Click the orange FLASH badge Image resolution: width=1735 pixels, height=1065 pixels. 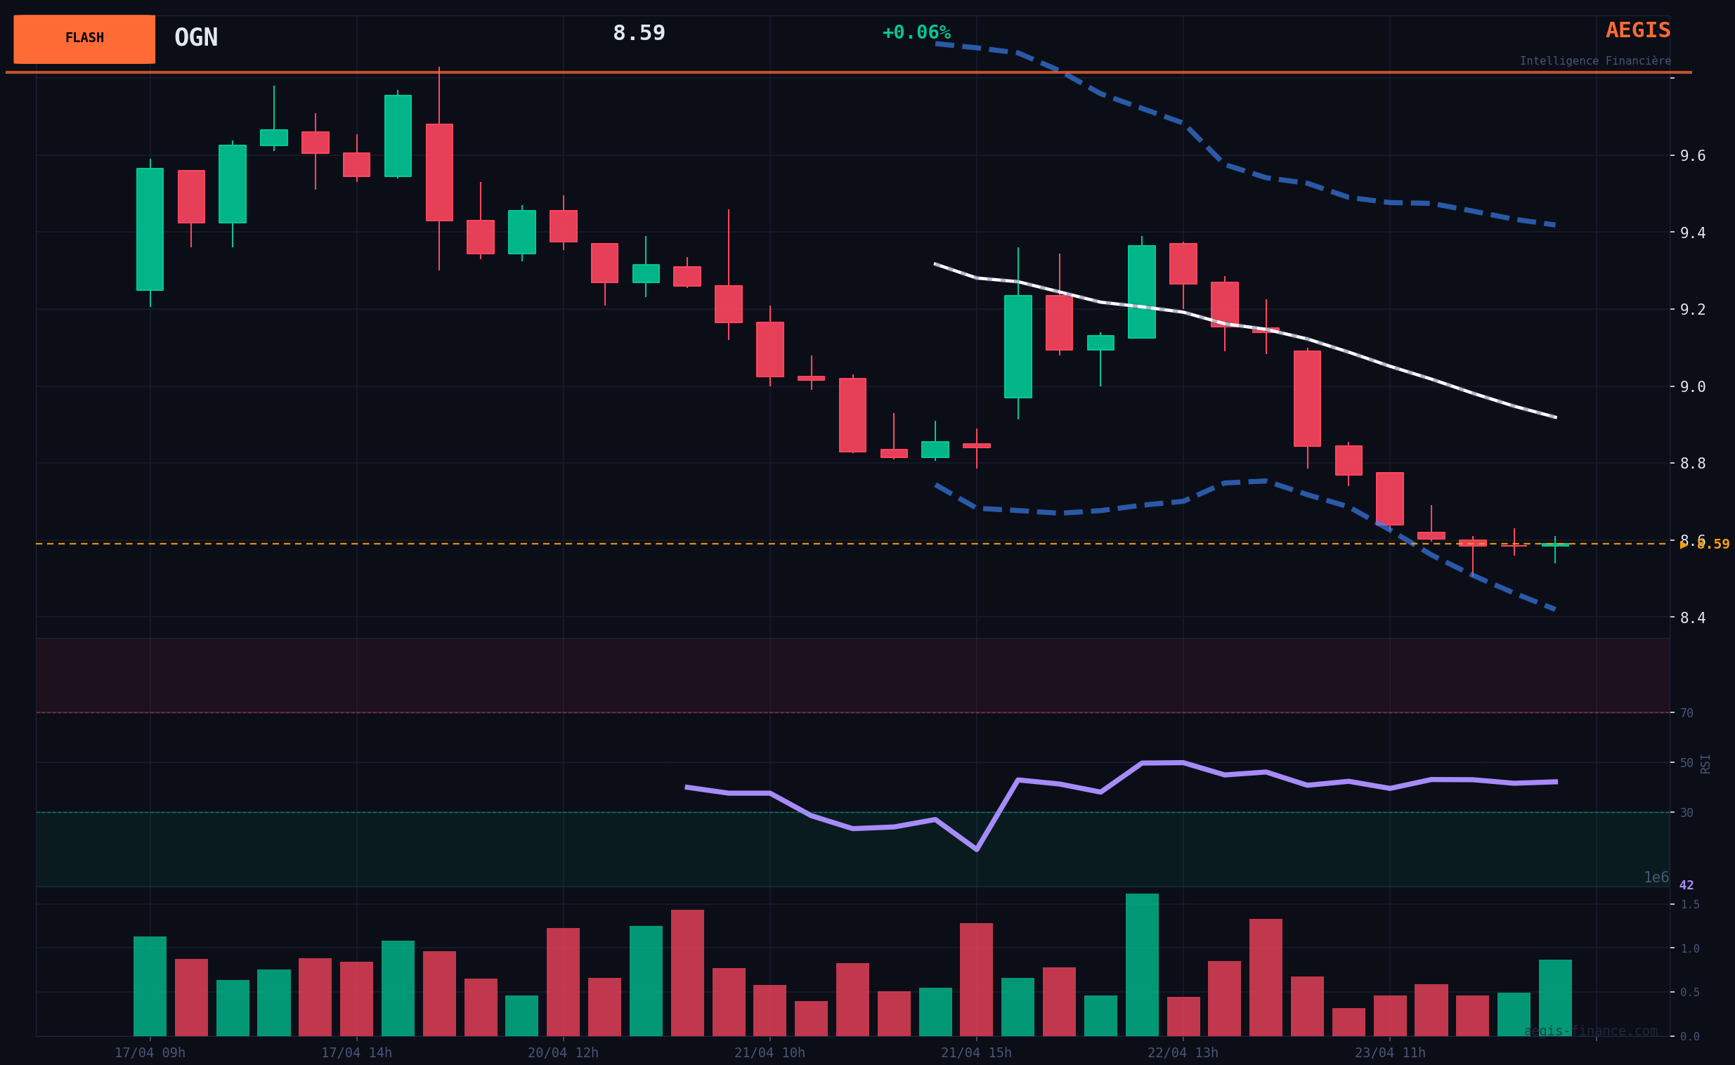click(x=84, y=39)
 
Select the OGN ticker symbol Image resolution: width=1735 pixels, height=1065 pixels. click(x=196, y=38)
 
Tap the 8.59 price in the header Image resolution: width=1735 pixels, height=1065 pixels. click(x=638, y=33)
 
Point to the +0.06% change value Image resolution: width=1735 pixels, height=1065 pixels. click(x=916, y=33)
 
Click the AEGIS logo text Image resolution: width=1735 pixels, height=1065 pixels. click(x=1637, y=30)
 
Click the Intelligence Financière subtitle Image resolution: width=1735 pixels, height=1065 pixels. click(x=1595, y=61)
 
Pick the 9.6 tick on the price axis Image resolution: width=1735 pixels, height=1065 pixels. click(x=1692, y=156)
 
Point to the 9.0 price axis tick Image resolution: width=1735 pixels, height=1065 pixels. click(x=1692, y=386)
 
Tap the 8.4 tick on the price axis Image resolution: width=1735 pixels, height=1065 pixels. click(x=1692, y=618)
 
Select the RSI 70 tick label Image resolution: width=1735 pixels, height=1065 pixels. click(x=1687, y=713)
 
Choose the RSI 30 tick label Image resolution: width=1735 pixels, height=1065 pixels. click(x=1687, y=813)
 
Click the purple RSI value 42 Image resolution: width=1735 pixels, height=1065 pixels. click(x=1687, y=885)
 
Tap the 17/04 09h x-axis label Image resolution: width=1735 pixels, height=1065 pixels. click(x=150, y=1053)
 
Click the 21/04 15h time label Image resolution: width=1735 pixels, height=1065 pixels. click(x=976, y=1053)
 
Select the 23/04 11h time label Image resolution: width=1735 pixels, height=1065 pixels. click(x=1390, y=1053)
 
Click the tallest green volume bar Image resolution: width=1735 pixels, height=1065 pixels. click(x=1142, y=965)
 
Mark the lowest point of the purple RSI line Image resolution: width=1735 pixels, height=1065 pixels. click(x=976, y=849)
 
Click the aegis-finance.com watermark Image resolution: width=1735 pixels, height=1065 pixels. click(x=1591, y=1031)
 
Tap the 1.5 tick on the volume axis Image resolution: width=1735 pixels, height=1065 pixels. click(x=1690, y=904)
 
